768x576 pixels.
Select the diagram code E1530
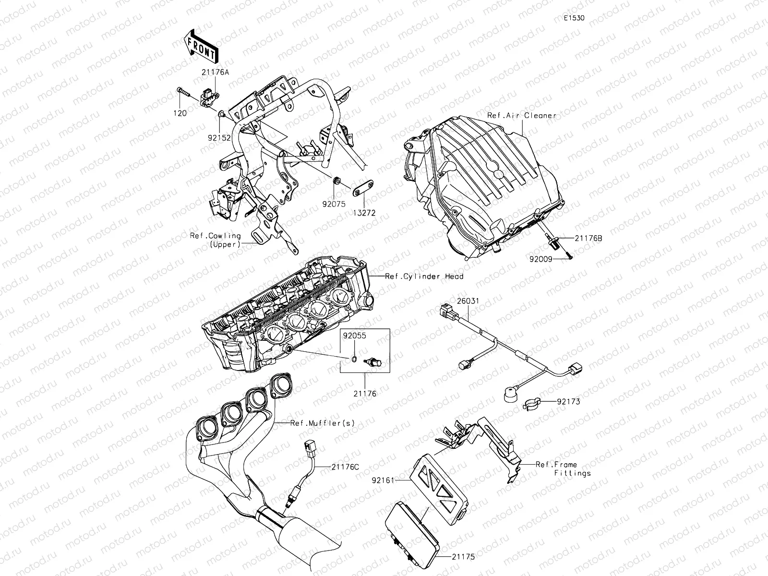(x=574, y=18)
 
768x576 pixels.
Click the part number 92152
(x=219, y=137)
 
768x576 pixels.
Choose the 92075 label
(x=334, y=204)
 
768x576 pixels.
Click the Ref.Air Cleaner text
(x=522, y=116)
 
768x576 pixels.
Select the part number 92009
(x=540, y=259)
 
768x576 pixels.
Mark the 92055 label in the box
(x=354, y=336)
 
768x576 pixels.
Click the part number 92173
(x=569, y=401)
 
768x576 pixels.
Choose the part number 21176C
(x=345, y=467)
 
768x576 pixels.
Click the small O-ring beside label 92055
(x=354, y=360)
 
